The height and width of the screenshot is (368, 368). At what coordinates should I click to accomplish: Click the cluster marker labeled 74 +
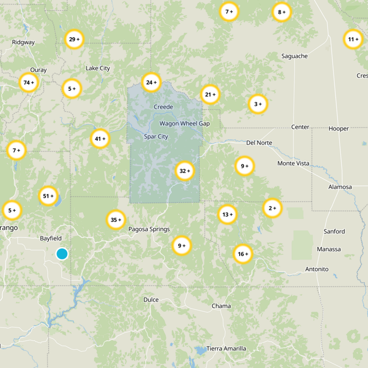pos(29,83)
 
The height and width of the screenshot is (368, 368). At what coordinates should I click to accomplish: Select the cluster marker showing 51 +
pos(48,196)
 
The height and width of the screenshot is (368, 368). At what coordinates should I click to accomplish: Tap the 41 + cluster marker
pos(100,138)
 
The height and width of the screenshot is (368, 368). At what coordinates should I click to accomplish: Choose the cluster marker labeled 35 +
pos(116,220)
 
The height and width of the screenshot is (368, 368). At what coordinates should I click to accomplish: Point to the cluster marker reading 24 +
pos(151,83)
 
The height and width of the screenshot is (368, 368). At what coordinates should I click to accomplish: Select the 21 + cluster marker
pos(210,95)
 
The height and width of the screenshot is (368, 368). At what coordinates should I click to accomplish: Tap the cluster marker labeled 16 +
pos(243,253)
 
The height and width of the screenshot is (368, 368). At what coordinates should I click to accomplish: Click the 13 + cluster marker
pos(227,214)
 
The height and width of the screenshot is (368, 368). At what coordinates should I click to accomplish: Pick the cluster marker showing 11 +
pos(353,39)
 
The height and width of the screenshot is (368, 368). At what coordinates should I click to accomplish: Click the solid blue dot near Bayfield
pos(62,253)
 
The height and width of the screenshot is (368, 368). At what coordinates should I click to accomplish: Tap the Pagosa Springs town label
pos(149,229)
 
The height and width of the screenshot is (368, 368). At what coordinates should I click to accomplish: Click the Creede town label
pos(163,107)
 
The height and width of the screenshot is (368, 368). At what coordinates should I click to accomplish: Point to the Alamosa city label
pos(340,187)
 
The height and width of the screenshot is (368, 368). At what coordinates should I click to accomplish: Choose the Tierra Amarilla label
pos(226,348)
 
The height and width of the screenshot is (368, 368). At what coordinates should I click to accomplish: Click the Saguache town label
pos(294,56)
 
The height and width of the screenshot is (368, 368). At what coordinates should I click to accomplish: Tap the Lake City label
pos(98,68)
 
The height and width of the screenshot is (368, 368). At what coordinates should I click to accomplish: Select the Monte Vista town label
pos(293,163)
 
